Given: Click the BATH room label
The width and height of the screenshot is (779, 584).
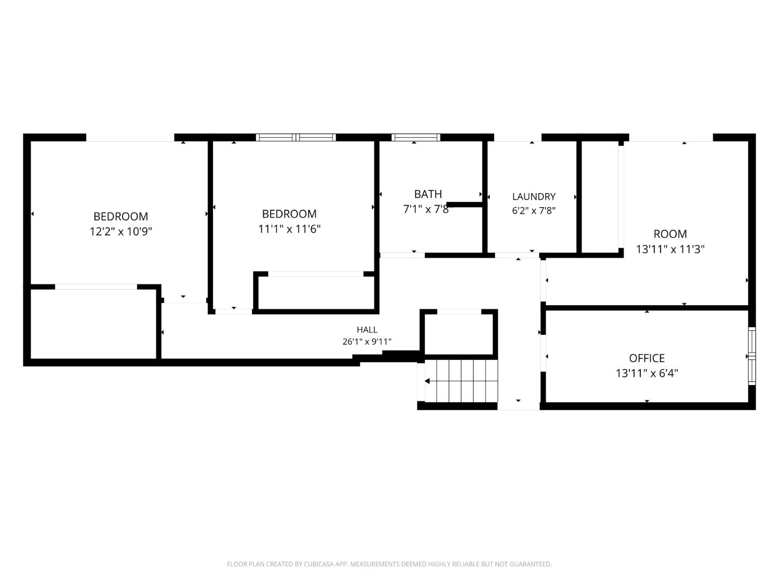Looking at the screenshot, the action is (428, 194).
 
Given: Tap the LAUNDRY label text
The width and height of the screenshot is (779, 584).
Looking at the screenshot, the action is (534, 196).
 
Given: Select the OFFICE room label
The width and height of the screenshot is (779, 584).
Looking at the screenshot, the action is (647, 358).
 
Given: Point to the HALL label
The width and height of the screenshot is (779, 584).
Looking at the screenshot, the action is (367, 330).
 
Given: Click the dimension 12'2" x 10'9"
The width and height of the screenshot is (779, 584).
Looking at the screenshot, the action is (120, 232).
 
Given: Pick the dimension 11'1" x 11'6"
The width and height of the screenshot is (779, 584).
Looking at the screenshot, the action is (289, 229).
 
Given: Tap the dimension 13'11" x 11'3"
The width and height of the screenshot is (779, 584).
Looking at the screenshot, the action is (670, 249).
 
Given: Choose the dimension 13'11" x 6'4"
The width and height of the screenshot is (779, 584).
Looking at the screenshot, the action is (647, 373).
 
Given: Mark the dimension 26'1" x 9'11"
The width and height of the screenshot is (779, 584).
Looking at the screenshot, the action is (367, 342).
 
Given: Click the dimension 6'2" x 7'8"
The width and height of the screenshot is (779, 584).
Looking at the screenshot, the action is (534, 211).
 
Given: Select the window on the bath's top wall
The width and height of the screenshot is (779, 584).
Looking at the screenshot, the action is (415, 137).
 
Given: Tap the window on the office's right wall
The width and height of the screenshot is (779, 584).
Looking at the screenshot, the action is (751, 356).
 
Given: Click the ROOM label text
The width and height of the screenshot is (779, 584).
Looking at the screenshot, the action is (670, 234).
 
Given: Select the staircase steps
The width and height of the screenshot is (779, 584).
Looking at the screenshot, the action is (461, 381).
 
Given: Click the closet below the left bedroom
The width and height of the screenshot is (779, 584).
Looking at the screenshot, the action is (93, 324).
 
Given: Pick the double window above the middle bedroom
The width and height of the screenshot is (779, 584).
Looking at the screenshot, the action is (296, 137).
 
